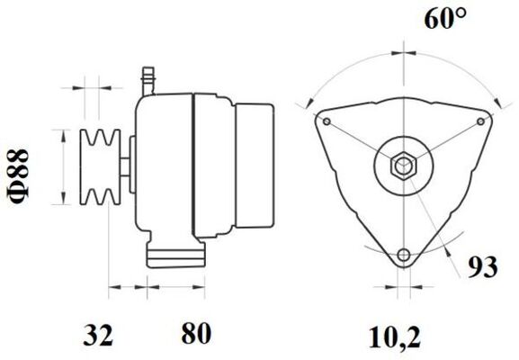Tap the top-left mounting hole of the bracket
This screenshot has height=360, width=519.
pos(326,121)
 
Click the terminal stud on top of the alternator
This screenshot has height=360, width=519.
pos(150,79)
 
